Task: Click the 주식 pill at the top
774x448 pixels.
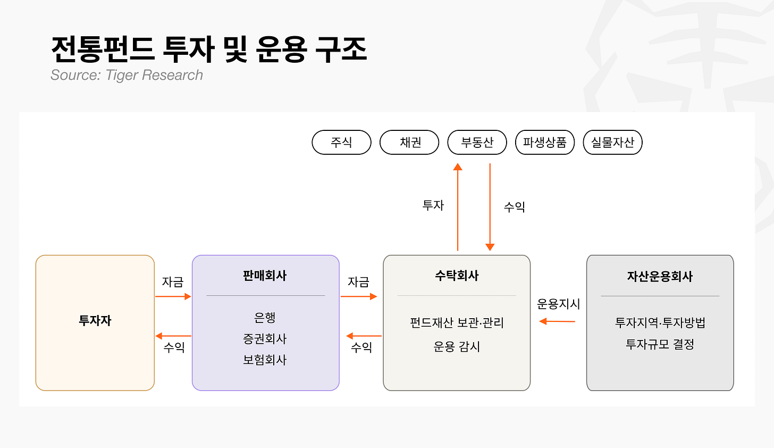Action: (341, 142)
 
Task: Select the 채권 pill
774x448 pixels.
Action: (409, 142)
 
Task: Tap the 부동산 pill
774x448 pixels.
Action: (477, 142)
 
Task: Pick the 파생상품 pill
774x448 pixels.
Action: (545, 142)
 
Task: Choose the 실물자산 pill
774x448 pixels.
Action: (612, 142)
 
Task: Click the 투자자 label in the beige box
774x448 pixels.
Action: (95, 321)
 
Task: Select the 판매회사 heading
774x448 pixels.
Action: (265, 276)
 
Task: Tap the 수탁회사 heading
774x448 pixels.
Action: (457, 276)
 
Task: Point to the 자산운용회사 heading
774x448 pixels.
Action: (660, 277)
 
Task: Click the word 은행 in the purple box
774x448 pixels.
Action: (265, 317)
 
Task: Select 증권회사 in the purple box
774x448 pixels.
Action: (265, 339)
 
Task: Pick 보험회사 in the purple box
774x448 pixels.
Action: (265, 360)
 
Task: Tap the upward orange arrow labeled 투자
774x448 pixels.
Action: (458, 207)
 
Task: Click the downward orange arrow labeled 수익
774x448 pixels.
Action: (490, 207)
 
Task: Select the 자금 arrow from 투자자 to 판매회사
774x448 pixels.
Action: (173, 296)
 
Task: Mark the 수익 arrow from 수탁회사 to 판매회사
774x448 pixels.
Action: (364, 336)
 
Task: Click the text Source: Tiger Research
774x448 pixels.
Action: (127, 75)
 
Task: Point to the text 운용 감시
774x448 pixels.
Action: (457, 346)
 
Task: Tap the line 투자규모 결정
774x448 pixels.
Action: (660, 344)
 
